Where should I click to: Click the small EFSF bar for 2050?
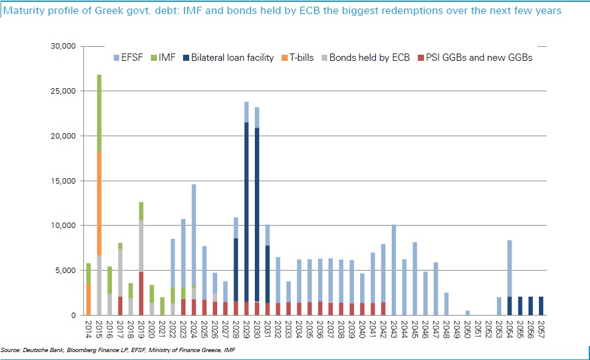tap(467, 313)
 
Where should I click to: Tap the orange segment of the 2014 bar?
tap(88, 299)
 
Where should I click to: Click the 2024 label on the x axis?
tap(193, 330)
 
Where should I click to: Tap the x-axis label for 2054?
tap(509, 330)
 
